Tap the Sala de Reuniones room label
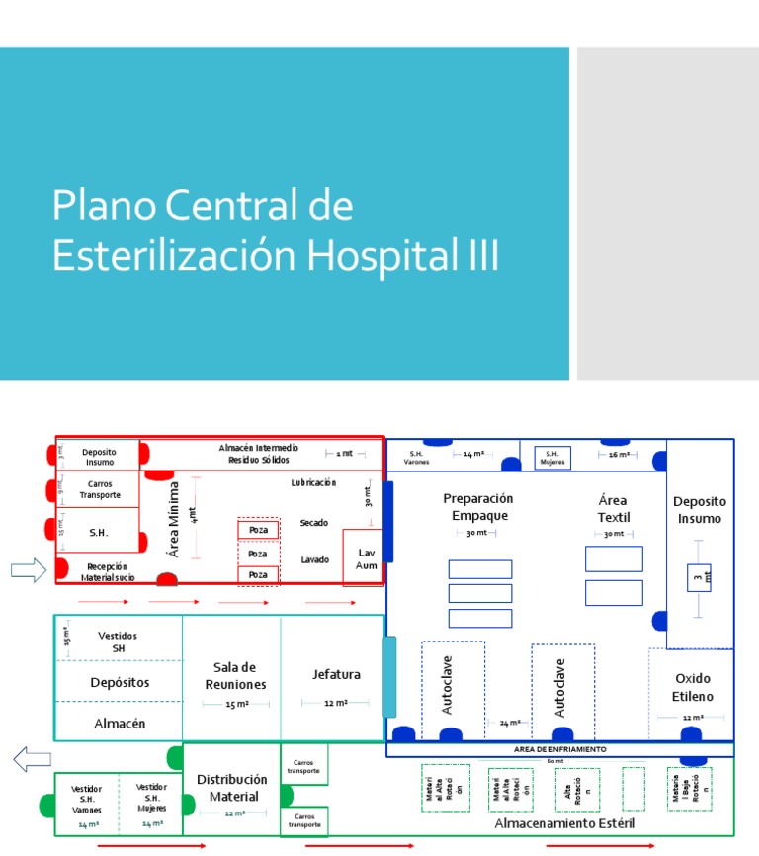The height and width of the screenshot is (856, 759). [234, 676]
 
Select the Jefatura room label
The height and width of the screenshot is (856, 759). [336, 674]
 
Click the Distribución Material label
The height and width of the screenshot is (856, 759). [233, 788]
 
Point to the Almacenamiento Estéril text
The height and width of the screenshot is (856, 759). [565, 823]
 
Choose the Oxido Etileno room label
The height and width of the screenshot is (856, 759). [693, 688]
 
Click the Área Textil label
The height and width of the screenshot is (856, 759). [613, 509]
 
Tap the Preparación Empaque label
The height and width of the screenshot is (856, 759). [478, 507]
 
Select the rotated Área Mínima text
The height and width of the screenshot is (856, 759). [174, 519]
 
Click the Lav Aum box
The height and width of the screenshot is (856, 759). [367, 558]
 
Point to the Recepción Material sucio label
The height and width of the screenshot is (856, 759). [108, 572]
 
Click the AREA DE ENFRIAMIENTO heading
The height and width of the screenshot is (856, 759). [560, 750]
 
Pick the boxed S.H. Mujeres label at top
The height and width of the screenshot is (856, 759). [552, 458]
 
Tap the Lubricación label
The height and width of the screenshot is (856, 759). [313, 483]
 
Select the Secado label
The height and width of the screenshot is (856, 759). [314, 522]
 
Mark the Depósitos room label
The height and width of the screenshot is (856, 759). [120, 682]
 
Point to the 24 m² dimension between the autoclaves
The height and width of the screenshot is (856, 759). [509, 723]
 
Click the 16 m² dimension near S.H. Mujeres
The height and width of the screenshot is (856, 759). [620, 455]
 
